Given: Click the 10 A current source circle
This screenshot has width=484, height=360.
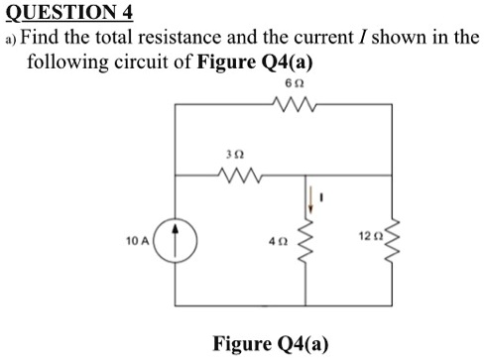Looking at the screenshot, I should (176, 240).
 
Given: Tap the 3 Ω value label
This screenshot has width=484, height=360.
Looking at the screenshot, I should (234, 155).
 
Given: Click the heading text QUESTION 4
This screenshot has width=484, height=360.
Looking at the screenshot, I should (66, 12).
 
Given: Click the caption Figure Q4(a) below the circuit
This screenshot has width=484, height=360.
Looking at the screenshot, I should (271, 344).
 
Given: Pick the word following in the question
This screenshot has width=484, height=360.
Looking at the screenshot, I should (65, 63).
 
